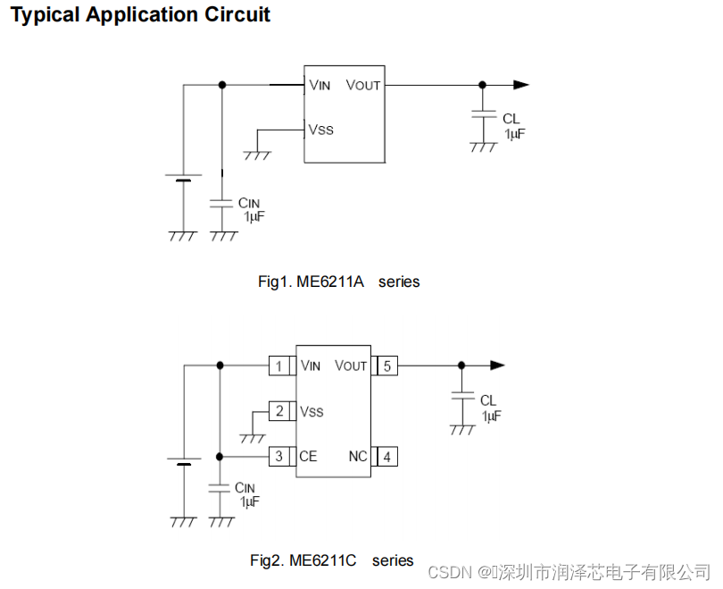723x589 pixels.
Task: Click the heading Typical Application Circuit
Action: [140, 15]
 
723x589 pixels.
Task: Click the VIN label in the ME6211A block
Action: [320, 85]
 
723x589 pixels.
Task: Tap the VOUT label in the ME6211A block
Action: [362, 85]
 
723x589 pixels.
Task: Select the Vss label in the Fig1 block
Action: [320, 130]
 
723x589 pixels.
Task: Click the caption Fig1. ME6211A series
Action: [338, 282]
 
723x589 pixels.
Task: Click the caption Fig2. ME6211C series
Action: [331, 560]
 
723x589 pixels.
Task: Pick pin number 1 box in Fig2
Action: [279, 366]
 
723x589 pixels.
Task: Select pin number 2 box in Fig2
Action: [279, 411]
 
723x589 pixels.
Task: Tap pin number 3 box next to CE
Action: [279, 457]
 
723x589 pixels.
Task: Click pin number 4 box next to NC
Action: [386, 457]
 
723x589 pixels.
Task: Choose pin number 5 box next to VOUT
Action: [386, 366]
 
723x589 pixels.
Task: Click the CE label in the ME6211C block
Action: [309, 457]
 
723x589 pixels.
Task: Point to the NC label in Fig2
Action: [357, 457]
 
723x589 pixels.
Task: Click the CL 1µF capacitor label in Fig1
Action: [513, 126]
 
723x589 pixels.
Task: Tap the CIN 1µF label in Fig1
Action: [250, 210]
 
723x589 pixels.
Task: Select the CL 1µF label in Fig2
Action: [490, 408]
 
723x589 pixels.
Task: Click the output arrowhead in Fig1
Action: [521, 85]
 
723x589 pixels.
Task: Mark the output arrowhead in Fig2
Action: [497, 365]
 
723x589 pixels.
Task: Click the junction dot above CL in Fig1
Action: [483, 85]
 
